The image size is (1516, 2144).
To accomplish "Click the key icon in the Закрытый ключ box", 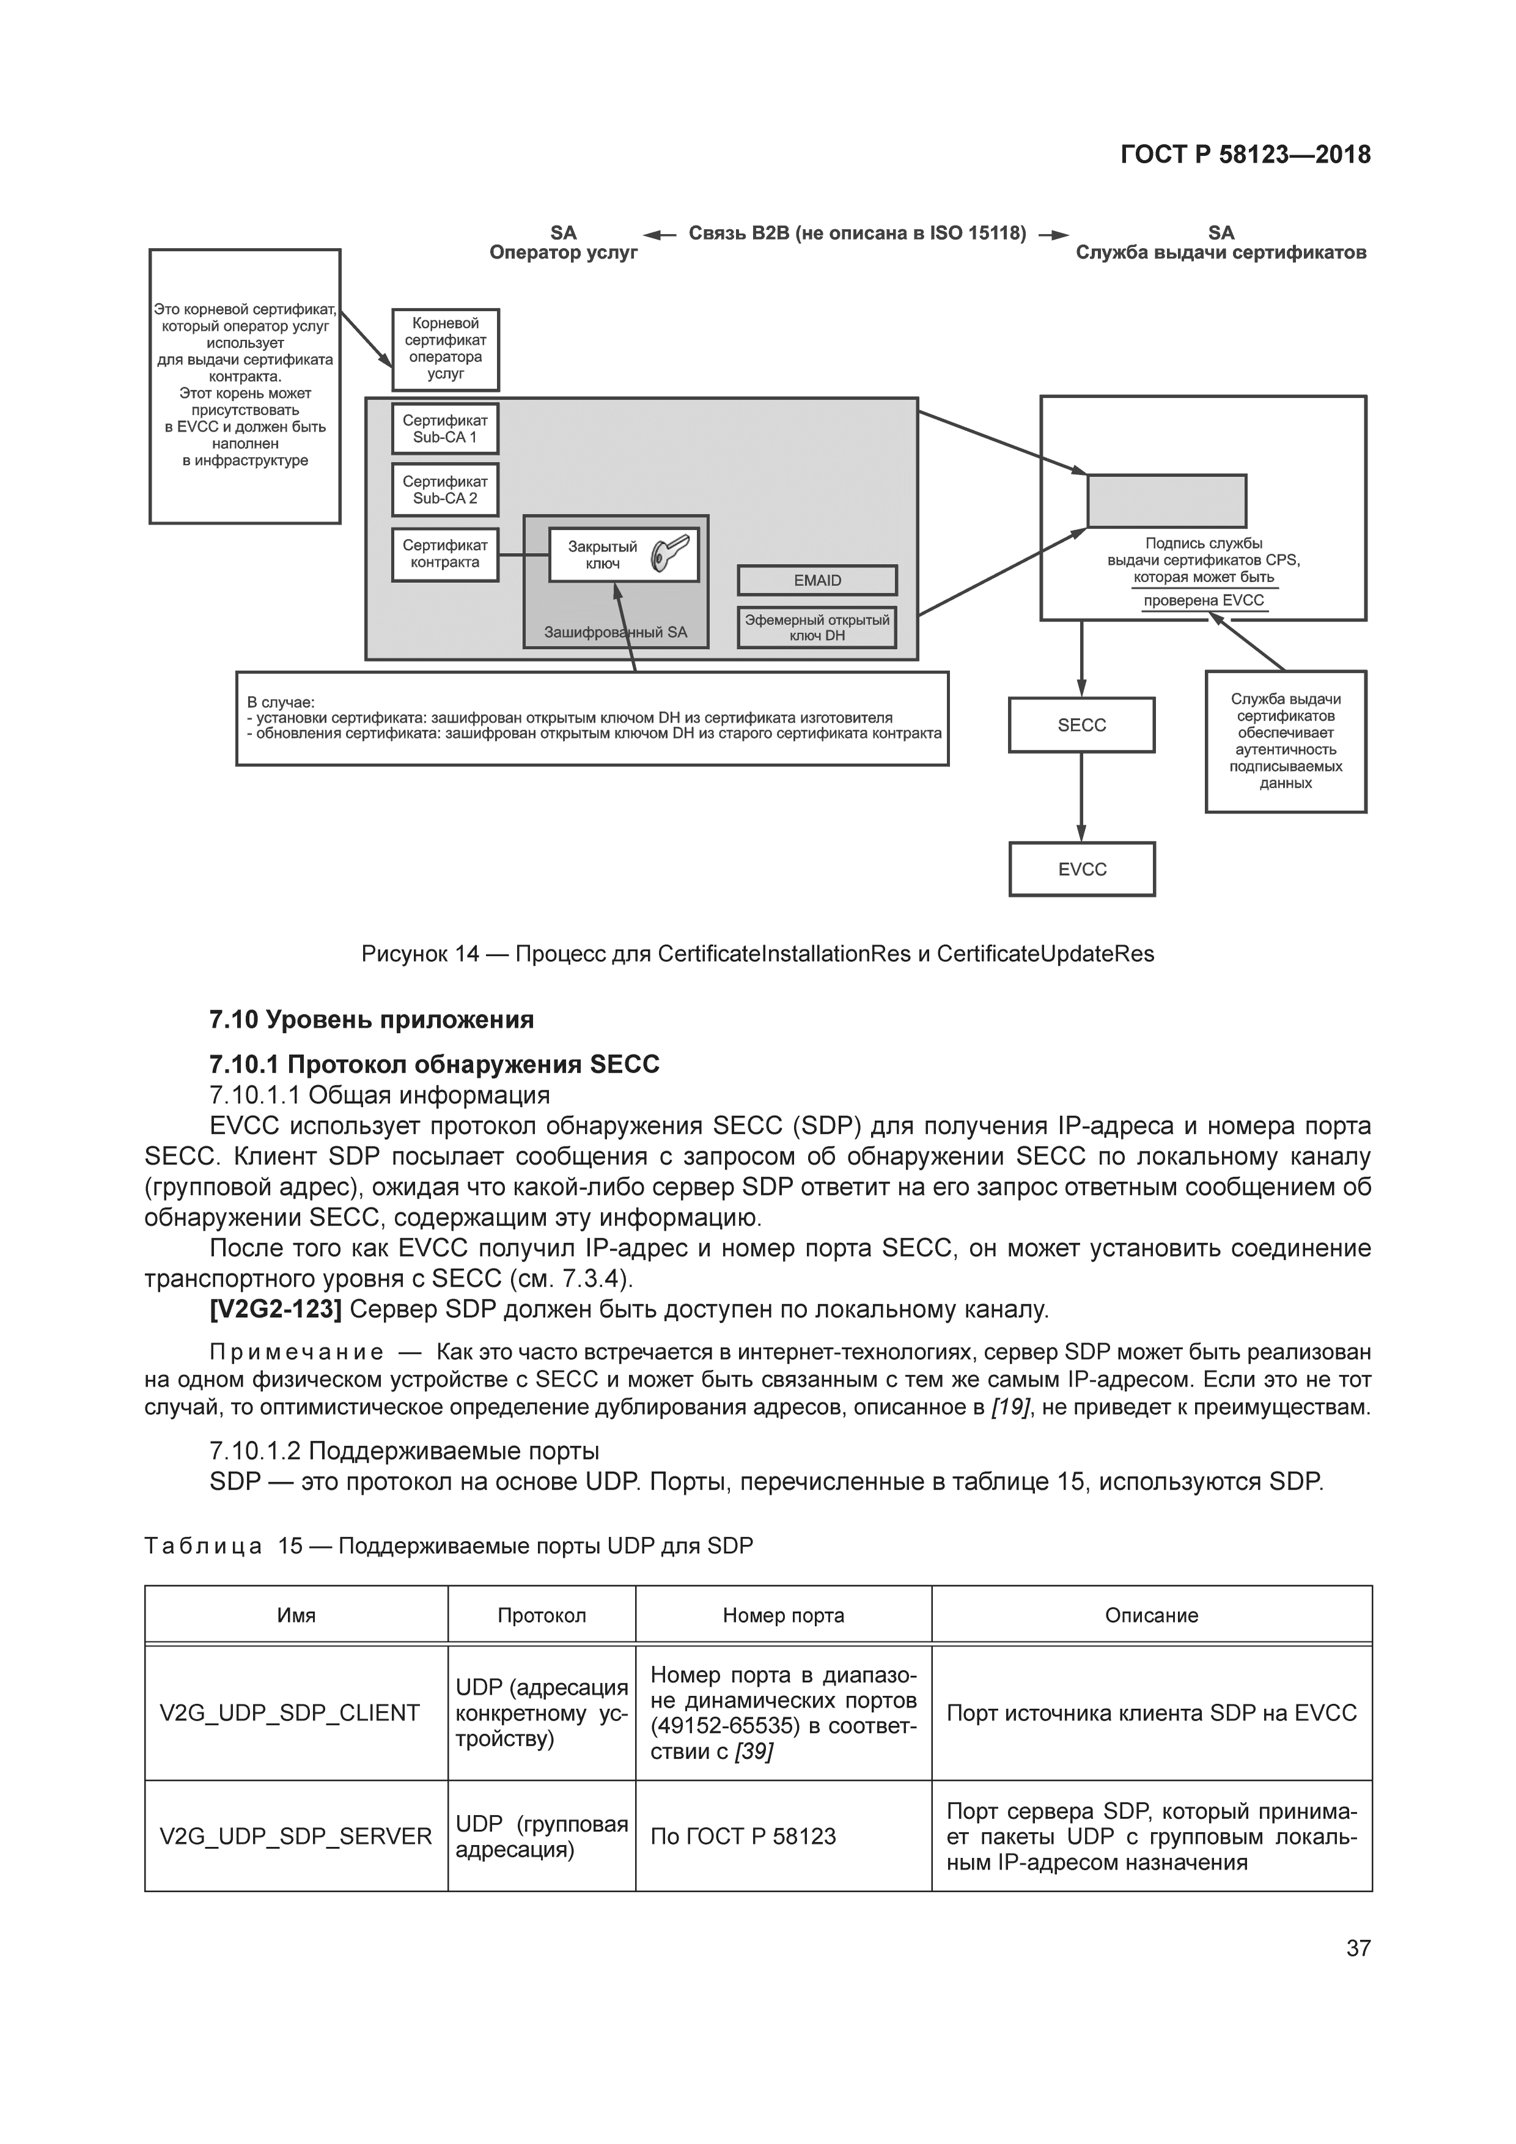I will (671, 553).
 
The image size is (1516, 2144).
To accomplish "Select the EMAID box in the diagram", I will (817, 580).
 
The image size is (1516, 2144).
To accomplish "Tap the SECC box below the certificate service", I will (1081, 725).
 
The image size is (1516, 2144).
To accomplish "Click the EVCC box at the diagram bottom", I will (1081, 869).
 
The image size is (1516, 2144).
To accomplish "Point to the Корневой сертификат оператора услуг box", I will (446, 348).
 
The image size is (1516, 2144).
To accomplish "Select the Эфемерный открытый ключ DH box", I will (817, 628).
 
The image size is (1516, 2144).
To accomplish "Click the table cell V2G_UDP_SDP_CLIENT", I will (290, 1713).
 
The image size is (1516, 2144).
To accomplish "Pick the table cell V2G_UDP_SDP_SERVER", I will (295, 1836).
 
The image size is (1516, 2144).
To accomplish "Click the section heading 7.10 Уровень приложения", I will (372, 1019).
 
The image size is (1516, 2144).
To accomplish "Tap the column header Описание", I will (1151, 1615).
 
